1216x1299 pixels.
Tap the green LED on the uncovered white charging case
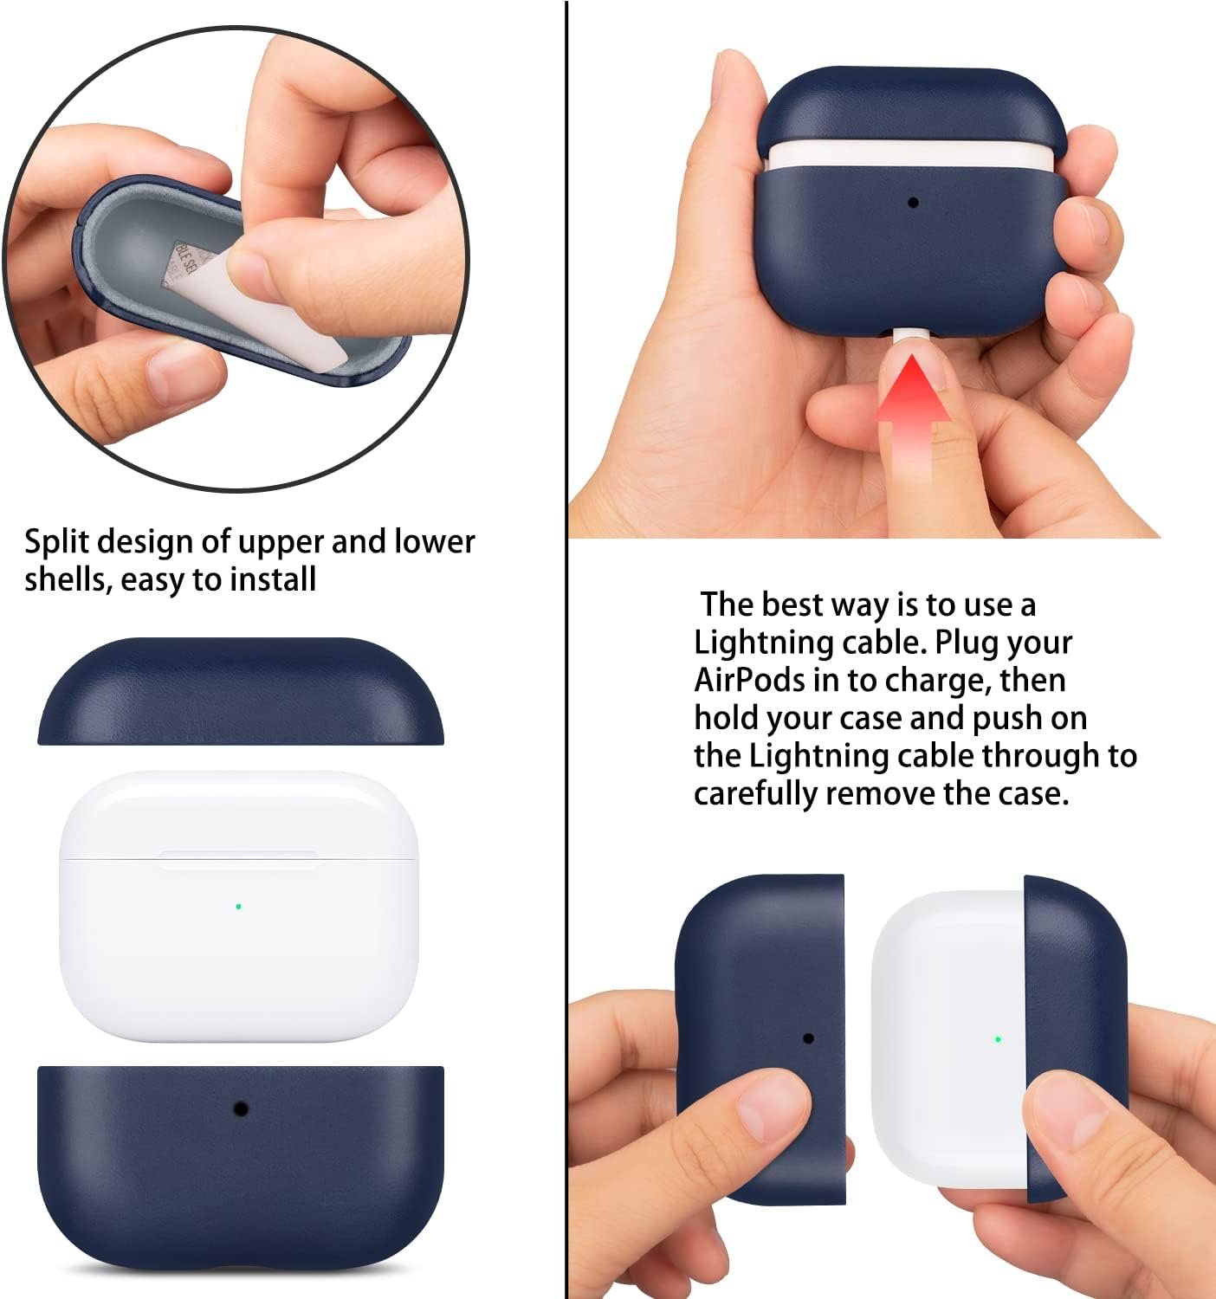(238, 907)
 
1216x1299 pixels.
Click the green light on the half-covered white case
(998, 1038)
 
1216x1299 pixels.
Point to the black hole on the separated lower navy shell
(240, 1108)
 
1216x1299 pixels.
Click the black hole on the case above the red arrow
(914, 203)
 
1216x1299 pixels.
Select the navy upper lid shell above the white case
(241, 691)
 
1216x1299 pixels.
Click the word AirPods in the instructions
(749, 680)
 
